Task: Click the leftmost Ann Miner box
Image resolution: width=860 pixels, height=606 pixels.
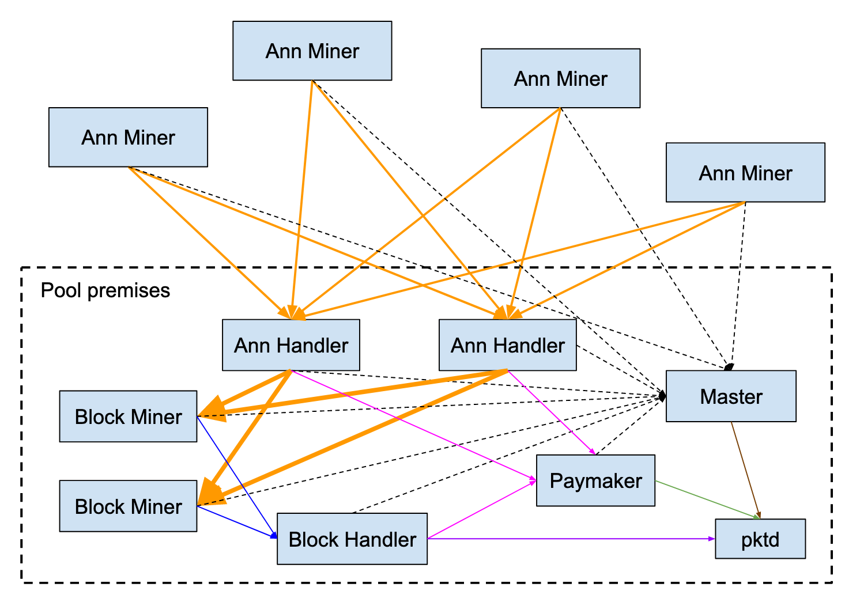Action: click(x=128, y=137)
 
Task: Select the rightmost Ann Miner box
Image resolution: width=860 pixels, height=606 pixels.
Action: click(x=745, y=172)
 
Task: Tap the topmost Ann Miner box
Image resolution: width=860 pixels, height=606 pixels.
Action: click(x=312, y=51)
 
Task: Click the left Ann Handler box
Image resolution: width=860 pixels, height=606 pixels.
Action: click(x=291, y=345)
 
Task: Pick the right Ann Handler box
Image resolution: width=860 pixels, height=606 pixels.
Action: click(x=507, y=345)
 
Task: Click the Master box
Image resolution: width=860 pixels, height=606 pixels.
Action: click(x=730, y=396)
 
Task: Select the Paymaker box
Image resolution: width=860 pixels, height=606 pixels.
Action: click(x=595, y=480)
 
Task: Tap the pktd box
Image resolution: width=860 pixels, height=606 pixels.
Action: click(x=760, y=539)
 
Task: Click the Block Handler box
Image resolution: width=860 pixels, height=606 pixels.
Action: click(x=352, y=539)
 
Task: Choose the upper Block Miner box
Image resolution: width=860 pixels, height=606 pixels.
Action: click(x=128, y=416)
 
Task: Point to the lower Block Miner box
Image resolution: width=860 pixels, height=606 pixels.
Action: click(x=128, y=506)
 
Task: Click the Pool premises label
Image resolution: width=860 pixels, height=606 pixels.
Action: click(x=105, y=290)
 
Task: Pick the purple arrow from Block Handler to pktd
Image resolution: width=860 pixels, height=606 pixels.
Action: click(x=571, y=539)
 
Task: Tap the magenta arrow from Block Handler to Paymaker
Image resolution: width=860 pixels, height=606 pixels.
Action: click(x=481, y=510)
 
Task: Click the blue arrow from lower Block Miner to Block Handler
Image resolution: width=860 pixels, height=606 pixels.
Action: click(x=236, y=522)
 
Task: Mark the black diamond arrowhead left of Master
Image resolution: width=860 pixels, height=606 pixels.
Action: click(x=662, y=396)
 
